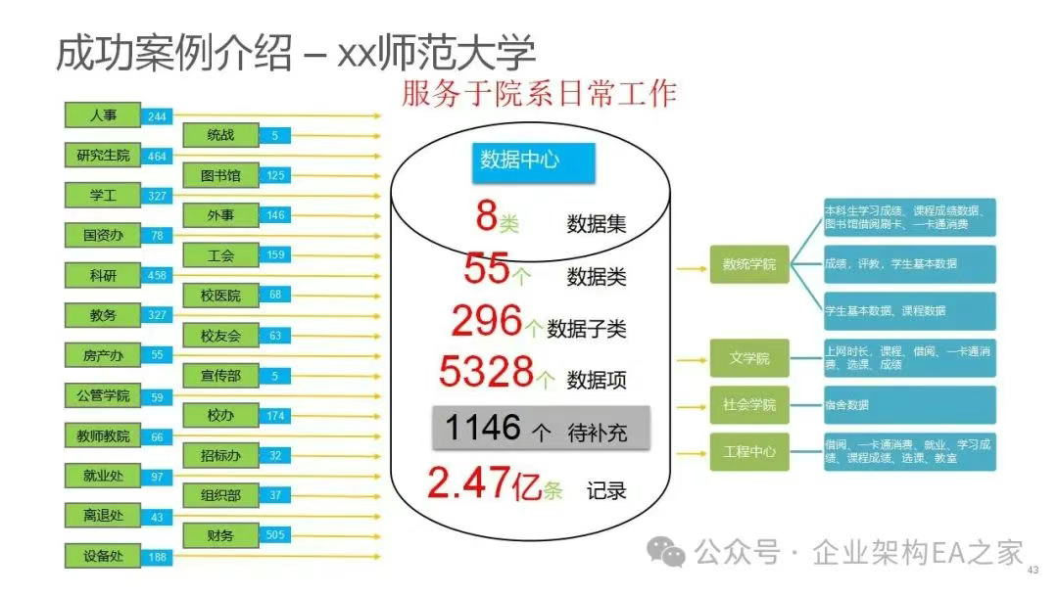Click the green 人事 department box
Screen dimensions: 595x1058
pos(103,114)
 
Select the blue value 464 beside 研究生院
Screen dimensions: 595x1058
pos(157,157)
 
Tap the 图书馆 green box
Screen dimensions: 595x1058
pos(220,176)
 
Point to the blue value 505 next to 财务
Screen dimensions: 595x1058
pos(275,535)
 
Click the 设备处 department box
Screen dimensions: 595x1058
pos(103,557)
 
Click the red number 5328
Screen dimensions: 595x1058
pos(486,372)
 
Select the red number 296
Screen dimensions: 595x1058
pos(487,321)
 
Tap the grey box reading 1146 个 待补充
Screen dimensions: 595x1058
pos(542,429)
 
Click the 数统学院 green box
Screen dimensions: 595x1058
pos(749,263)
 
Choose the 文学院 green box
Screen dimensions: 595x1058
pos(749,358)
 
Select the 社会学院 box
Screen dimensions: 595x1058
pos(749,404)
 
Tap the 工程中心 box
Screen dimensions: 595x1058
pos(749,451)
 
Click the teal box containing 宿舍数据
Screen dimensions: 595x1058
pos(910,404)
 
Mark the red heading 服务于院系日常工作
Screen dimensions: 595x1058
pos(539,93)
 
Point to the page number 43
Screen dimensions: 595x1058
pos(1032,571)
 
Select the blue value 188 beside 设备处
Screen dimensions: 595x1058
pos(157,558)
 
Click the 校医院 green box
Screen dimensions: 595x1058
pos(220,296)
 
